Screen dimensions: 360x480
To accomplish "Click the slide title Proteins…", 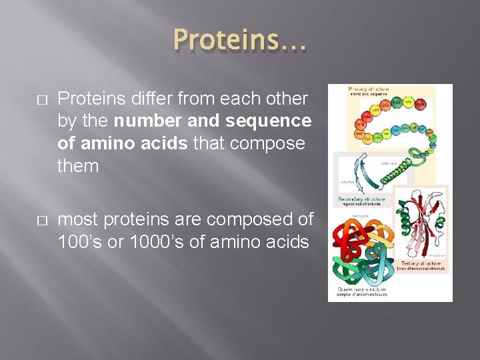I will pos(239,41).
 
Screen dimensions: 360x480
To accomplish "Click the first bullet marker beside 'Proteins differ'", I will pos(41,100).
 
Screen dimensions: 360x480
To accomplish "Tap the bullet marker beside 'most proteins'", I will pos(41,220).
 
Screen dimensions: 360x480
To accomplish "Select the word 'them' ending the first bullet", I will pos(78,166).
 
